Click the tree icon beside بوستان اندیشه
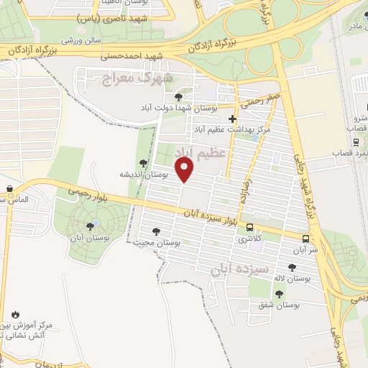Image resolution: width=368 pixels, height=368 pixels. pyautogui.click(x=142, y=164)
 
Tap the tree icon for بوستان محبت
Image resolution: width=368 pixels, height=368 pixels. pyautogui.click(x=156, y=231)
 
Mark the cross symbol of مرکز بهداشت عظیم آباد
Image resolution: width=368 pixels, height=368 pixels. pyautogui.click(x=231, y=119)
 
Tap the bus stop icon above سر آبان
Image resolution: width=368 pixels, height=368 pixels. pyautogui.click(x=307, y=239)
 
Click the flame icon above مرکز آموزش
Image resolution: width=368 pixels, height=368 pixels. pyautogui.click(x=15, y=314)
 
